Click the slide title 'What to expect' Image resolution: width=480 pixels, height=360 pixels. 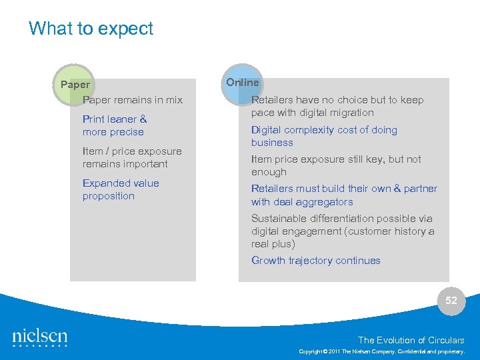(91, 29)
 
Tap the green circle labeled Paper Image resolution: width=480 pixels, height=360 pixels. (75, 85)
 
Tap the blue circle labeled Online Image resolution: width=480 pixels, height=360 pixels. (242, 83)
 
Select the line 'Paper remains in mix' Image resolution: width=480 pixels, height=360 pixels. (132, 100)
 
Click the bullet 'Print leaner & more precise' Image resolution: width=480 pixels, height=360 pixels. (114, 125)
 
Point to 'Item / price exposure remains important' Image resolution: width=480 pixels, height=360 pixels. (132, 157)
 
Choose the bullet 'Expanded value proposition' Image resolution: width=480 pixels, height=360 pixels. (121, 189)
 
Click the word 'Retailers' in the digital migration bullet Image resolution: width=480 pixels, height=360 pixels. (272, 100)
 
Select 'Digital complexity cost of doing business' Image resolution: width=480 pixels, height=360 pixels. (324, 136)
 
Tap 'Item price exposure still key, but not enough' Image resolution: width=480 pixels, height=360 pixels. (336, 165)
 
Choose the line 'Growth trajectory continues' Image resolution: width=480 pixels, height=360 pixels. (315, 261)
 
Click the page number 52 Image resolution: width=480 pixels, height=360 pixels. (451, 301)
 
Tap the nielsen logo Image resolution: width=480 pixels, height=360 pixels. (40, 338)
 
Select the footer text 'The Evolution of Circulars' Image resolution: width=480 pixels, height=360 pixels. (411, 340)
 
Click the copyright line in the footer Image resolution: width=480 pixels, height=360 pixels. (382, 351)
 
